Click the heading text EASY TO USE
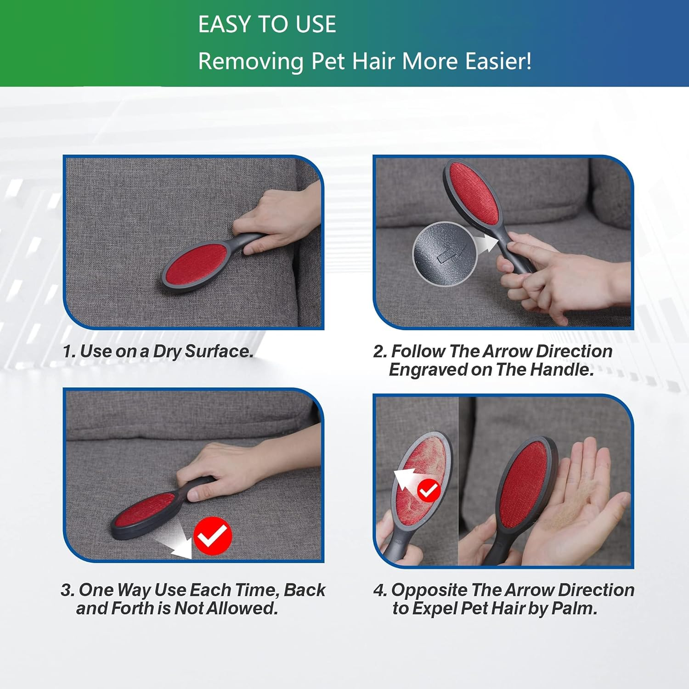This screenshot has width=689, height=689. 267,24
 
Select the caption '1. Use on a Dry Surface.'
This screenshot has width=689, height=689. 158,351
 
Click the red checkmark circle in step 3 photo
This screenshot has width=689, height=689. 213,536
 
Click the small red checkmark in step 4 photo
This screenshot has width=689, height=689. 429,491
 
